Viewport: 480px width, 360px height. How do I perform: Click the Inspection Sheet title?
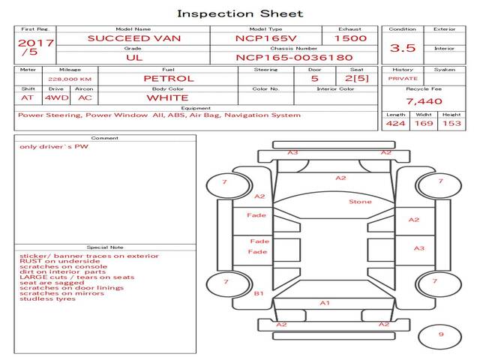point(240,13)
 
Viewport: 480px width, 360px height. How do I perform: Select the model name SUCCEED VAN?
point(133,37)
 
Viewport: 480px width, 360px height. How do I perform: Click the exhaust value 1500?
point(350,37)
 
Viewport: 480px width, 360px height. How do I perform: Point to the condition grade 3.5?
point(403,48)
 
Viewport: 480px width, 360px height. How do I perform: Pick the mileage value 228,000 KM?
point(70,78)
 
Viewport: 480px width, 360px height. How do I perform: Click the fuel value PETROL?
point(168,78)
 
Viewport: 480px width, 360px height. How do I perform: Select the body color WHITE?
point(167,97)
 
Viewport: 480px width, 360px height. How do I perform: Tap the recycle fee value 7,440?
point(424,101)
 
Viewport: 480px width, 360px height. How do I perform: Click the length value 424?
point(395,123)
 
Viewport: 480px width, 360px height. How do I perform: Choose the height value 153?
point(451,123)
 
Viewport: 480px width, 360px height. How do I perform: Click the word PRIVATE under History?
point(403,78)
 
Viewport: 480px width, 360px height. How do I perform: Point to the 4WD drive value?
point(54,97)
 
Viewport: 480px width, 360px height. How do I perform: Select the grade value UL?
point(133,57)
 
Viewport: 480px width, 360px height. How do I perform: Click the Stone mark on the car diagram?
point(360,202)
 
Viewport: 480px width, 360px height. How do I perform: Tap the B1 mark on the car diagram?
point(259,293)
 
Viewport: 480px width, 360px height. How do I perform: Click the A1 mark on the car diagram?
point(325,303)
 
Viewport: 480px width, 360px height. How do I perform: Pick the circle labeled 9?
point(441,335)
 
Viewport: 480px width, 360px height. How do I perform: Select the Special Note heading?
point(105,247)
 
